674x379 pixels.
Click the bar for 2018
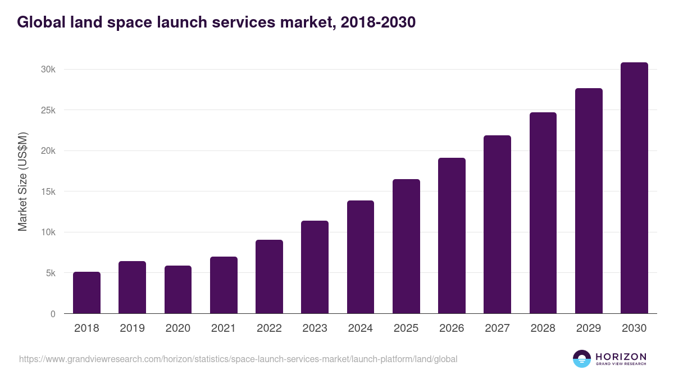coord(86,293)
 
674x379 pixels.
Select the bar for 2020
coord(178,290)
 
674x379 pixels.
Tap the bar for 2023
coord(315,267)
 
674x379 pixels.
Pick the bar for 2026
coord(452,236)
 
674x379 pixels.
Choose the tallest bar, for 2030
coord(634,188)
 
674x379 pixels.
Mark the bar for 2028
coord(543,213)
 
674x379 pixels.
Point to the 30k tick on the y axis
coord(48,69)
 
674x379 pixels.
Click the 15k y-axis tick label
coord(48,191)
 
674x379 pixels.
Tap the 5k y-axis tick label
coord(50,273)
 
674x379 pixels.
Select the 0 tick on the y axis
coord(53,314)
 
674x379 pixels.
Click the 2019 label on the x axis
coord(132,328)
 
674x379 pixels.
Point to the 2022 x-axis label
coord(269,328)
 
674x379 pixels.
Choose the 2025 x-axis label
coord(406,328)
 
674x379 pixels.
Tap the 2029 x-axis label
coord(589,328)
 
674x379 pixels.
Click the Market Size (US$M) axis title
coord(22,181)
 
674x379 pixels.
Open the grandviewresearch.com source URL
coord(238,359)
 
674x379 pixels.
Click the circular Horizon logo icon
coord(582,359)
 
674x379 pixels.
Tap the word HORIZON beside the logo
coord(621,356)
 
